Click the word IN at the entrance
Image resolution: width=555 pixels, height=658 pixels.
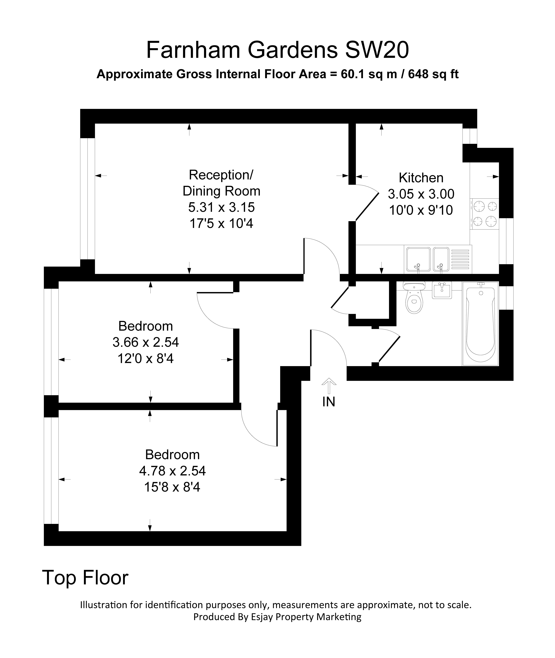[329, 402]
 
